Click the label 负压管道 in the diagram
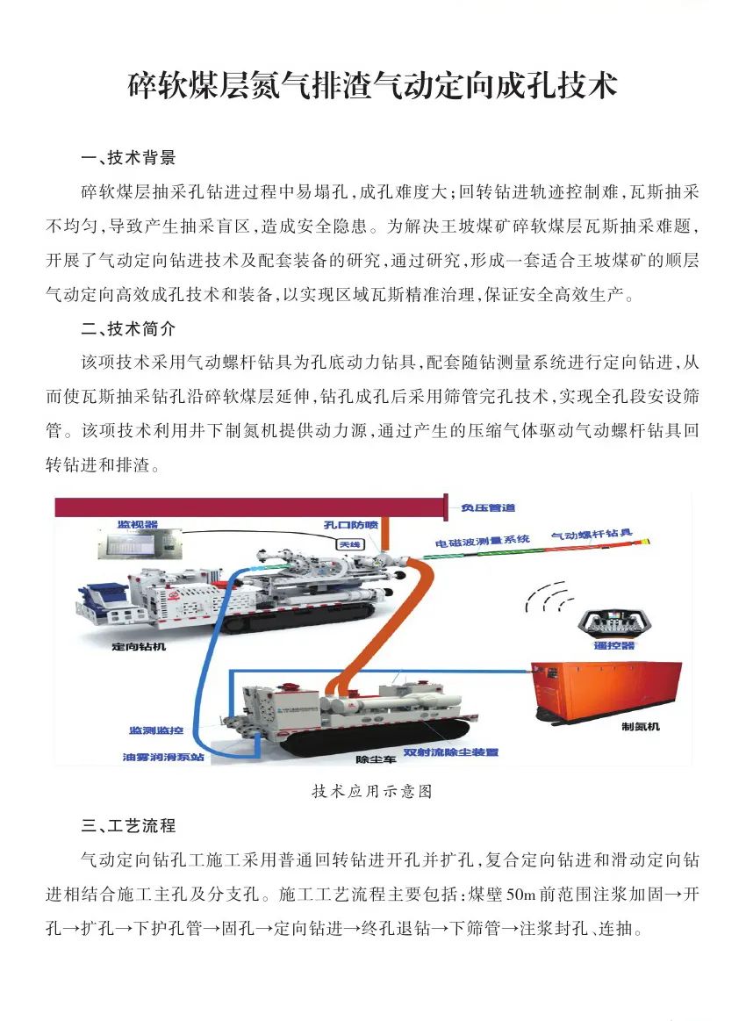pos(488,507)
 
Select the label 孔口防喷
pos(351,525)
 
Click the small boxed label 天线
pos(349,544)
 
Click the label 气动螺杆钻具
pos(592,535)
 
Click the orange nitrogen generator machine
pos(606,691)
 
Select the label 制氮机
pos(641,727)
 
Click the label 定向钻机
pos(139,647)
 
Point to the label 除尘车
pos(376,759)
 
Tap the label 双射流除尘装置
pos(450,752)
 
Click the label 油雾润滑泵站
pos(163,758)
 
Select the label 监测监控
pos(156,730)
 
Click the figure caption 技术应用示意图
pos(372,791)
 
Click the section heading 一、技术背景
pos(128,157)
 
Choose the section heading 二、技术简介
pos(128,329)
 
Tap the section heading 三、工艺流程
pos(128,825)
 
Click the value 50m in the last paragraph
pos(520,895)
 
